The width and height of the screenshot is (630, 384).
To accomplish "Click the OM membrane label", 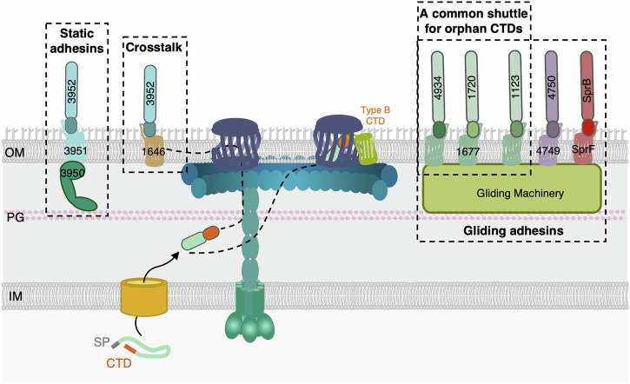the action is [x=15, y=152].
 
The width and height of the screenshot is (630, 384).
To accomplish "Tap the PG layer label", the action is [x=16, y=217].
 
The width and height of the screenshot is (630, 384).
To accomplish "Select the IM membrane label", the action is [x=16, y=296].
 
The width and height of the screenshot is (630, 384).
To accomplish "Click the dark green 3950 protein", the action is [x=76, y=186].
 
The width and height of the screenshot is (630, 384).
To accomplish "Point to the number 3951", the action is [x=76, y=151].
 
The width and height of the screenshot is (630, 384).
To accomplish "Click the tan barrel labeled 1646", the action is [x=153, y=151].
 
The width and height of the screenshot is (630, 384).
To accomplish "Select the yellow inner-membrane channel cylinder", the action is [x=144, y=297].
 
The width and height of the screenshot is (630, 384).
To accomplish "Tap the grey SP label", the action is [x=102, y=341].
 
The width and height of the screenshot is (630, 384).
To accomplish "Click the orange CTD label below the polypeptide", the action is [x=119, y=363].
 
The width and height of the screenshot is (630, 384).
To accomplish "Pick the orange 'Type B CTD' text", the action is [x=375, y=116].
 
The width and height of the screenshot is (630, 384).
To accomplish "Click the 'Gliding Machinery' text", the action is [x=520, y=193].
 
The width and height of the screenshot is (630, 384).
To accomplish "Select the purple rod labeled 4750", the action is [x=552, y=88].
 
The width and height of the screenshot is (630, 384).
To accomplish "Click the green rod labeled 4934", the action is [x=438, y=88].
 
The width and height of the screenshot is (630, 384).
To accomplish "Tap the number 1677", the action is [x=468, y=152].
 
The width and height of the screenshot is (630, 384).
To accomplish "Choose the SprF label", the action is [x=583, y=149].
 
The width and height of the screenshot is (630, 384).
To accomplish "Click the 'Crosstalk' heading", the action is [x=154, y=47].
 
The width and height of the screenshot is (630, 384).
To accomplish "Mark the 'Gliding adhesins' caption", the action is [x=513, y=230].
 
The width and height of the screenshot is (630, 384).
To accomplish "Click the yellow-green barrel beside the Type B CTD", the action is [x=366, y=149].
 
